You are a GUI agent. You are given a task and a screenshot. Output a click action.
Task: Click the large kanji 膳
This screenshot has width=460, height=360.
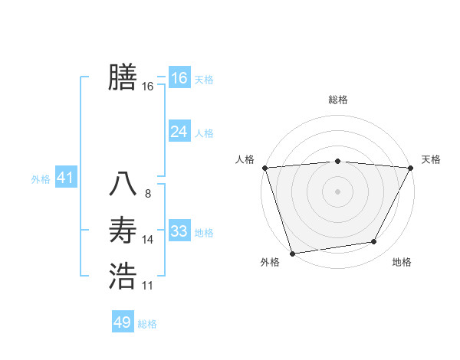tap(123, 77)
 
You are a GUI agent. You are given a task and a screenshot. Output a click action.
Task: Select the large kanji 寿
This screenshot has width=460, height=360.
tap(123, 230)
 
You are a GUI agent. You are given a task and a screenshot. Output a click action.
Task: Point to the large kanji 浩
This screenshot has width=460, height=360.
tap(123, 276)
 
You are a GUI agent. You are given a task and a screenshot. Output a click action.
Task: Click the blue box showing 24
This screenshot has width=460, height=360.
tap(179, 132)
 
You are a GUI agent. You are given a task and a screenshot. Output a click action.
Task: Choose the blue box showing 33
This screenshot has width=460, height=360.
tap(179, 231)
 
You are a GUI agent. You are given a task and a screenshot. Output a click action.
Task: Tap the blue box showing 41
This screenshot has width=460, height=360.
tap(64, 178)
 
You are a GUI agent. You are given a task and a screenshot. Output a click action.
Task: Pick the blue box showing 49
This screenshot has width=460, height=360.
tap(123, 322)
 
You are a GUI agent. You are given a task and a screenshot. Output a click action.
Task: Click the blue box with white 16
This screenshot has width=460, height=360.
tap(179, 78)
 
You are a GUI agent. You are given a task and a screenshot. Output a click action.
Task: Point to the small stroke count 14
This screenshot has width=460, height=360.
tap(148, 240)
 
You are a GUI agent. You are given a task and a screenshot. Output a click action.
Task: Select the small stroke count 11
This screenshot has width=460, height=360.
tap(148, 286)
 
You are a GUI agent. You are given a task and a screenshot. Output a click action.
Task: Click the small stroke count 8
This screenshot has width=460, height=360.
tap(148, 194)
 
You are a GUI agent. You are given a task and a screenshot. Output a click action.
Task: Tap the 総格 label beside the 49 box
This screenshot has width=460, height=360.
tap(147, 324)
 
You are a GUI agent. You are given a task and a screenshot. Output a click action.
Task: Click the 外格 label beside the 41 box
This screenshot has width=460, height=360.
tap(41, 179)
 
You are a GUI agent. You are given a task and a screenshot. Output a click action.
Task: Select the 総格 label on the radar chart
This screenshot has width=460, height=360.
tap(337, 100)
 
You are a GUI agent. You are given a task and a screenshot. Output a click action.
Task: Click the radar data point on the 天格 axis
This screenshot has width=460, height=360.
tap(410, 168)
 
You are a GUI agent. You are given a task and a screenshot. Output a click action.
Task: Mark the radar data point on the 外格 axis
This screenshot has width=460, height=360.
tap(292, 253)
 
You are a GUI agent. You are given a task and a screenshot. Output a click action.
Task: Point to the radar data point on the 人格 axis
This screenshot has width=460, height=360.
tap(264, 168)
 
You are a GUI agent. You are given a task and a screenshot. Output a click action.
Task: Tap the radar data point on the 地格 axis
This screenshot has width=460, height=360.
tap(374, 242)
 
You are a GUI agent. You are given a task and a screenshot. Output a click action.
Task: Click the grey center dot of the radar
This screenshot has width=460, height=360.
tap(337, 191)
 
